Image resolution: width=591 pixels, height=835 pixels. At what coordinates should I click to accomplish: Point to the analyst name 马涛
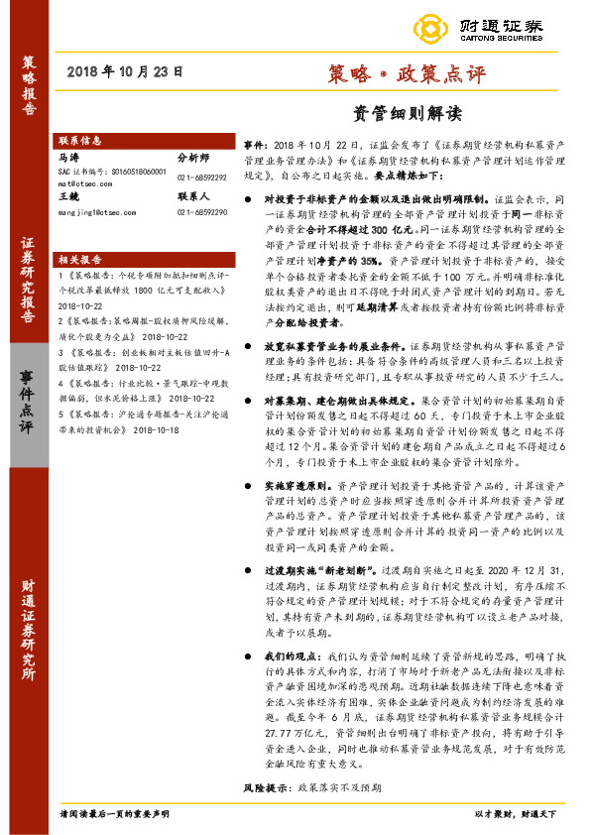(68, 157)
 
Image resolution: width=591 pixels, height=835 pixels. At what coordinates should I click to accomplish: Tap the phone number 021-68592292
(202, 178)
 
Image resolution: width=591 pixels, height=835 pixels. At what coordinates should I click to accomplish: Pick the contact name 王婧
(68, 197)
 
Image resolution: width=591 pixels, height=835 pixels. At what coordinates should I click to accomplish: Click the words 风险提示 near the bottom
(262, 813)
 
